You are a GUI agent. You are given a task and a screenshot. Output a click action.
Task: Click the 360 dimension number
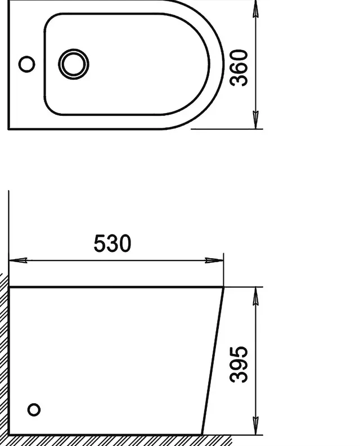[238, 67]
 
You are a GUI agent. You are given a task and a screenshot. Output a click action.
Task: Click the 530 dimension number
[112, 244]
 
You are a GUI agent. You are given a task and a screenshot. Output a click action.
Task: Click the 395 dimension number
[238, 364]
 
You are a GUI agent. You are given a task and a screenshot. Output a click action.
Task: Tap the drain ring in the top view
[74, 52]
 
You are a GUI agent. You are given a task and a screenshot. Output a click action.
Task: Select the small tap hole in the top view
[27, 64]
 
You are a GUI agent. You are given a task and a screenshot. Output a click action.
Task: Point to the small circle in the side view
[34, 410]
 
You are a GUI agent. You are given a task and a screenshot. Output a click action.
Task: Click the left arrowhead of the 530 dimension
[18, 260]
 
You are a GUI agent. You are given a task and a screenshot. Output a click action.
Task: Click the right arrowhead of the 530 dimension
[214, 260]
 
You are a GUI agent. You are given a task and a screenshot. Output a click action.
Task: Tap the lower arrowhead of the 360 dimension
[256, 120]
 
